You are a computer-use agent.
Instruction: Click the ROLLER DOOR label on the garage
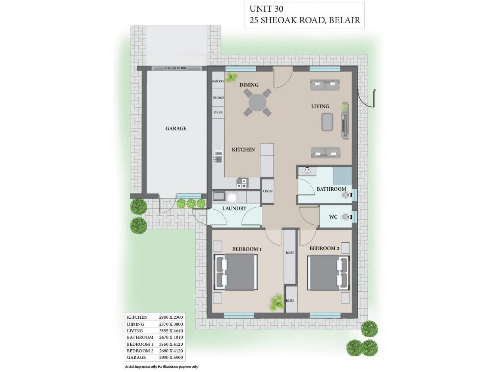[x=175, y=68]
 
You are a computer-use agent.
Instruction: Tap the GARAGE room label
[x=176, y=128]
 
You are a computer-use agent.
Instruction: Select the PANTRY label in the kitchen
[x=218, y=81]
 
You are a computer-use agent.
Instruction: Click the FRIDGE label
[x=218, y=98]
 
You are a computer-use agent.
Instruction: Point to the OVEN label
[x=218, y=112]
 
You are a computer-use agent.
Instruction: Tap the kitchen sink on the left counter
[x=218, y=159]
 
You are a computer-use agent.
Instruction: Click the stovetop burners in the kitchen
[x=242, y=183]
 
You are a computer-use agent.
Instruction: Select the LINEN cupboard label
[x=268, y=191]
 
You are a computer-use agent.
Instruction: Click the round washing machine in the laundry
[x=232, y=197]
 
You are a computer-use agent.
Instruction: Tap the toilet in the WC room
[x=345, y=217]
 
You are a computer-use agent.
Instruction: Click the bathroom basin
[x=307, y=171]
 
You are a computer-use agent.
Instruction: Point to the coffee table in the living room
[x=327, y=122]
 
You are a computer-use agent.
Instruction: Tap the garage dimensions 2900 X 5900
[x=171, y=357]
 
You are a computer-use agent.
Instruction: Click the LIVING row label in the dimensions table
[x=135, y=330]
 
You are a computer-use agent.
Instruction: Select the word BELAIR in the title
[x=344, y=20]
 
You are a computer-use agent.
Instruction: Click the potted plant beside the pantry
[x=231, y=77]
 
